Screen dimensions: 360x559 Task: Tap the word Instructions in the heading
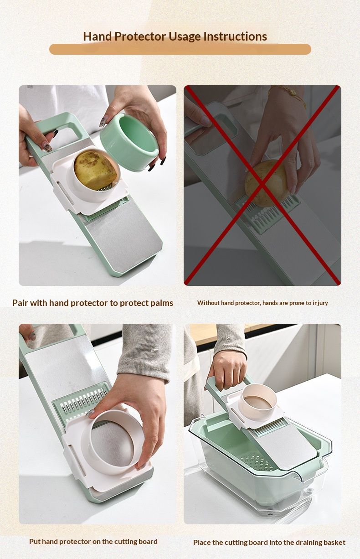[235, 36]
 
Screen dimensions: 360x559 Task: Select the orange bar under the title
[180, 49]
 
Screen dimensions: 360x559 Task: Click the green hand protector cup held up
[130, 141]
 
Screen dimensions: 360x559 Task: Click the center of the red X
[262, 185]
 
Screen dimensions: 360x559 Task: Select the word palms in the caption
[161, 303]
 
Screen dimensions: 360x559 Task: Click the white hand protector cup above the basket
[258, 400]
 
